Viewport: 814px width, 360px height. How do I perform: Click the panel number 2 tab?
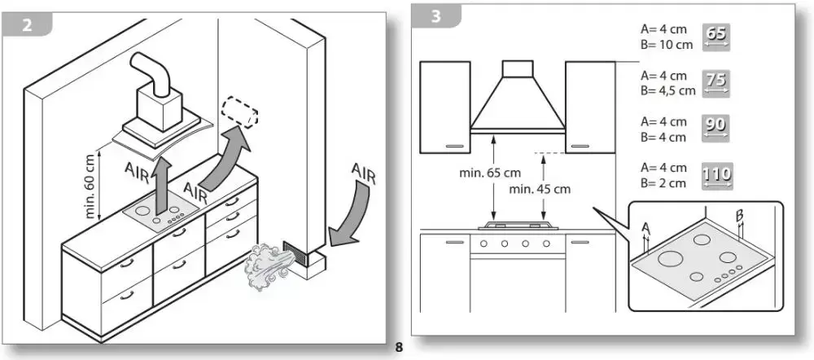28,24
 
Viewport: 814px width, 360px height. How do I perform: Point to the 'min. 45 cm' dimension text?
538,189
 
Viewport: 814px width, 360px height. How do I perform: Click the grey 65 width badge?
717,37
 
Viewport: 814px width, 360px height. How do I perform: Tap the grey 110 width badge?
717,175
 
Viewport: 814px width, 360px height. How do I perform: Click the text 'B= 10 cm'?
667,45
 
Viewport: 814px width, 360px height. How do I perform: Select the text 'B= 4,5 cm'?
669,90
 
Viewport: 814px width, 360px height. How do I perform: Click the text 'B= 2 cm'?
663,183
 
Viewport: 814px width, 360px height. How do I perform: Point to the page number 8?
399,349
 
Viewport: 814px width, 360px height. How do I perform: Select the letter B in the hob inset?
740,216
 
